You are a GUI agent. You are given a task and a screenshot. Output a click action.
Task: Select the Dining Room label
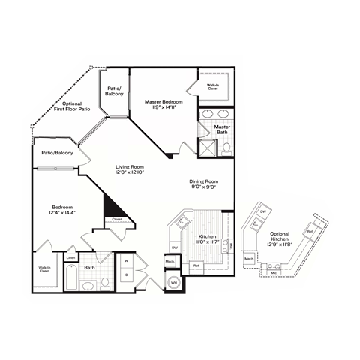(202, 181)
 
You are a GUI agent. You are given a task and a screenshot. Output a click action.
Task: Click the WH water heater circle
(173, 282)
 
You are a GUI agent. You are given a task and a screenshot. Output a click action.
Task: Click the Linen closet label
(70, 257)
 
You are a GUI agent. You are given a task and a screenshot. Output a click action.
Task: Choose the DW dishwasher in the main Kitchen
(174, 247)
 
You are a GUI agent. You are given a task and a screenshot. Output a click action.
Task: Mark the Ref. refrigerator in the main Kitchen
(196, 265)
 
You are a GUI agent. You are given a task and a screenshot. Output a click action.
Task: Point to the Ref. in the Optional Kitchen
(309, 232)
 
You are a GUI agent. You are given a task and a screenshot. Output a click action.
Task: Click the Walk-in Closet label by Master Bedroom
(213, 87)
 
